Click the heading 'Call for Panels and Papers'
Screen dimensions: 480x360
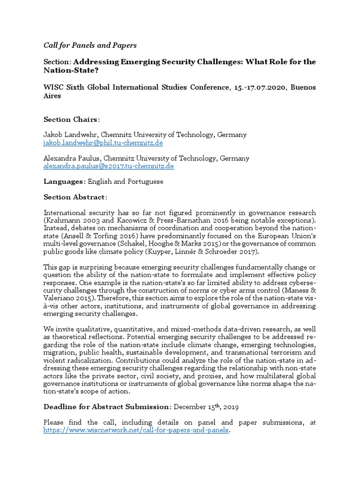click(90, 45)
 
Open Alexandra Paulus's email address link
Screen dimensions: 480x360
click(109, 166)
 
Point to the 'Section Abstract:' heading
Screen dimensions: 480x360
click(75, 197)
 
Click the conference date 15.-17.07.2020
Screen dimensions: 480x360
click(257, 88)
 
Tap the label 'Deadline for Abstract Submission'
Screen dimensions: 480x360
click(105, 407)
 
